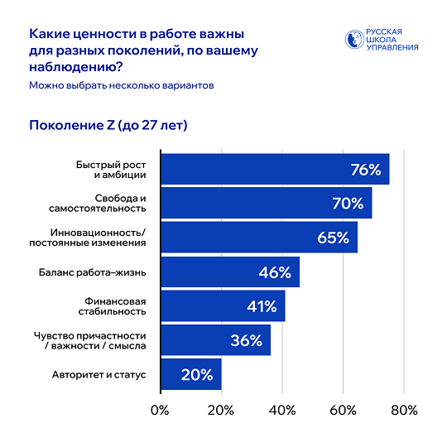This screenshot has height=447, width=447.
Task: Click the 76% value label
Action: [366, 170]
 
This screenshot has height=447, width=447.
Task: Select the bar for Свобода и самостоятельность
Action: [267, 203]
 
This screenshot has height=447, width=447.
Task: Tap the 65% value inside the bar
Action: [333, 238]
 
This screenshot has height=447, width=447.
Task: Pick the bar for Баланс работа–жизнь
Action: [230, 272]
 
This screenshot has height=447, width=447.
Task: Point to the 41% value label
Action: [262, 306]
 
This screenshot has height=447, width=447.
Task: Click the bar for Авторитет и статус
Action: [191, 374]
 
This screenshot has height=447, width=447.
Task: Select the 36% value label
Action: [246, 340]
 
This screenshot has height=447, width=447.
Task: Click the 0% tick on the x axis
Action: [160, 411]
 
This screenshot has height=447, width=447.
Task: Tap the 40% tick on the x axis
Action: [282, 411]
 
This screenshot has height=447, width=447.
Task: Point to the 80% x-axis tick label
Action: [404, 411]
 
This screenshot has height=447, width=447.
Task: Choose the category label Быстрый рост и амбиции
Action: [111, 170]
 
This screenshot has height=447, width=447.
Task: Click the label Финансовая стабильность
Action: [112, 306]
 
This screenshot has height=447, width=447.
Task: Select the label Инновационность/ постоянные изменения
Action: [88, 238]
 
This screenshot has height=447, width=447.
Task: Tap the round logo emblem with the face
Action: [354, 40]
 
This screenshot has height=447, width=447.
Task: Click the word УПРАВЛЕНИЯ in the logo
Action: [392, 47]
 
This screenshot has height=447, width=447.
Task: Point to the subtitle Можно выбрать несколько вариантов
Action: [122, 85]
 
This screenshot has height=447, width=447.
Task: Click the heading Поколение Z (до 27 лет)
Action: [108, 126]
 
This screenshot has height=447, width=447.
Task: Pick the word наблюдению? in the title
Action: [76, 67]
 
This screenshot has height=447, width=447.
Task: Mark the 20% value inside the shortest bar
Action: [197, 374]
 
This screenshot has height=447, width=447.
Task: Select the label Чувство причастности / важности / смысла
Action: [89, 341]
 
